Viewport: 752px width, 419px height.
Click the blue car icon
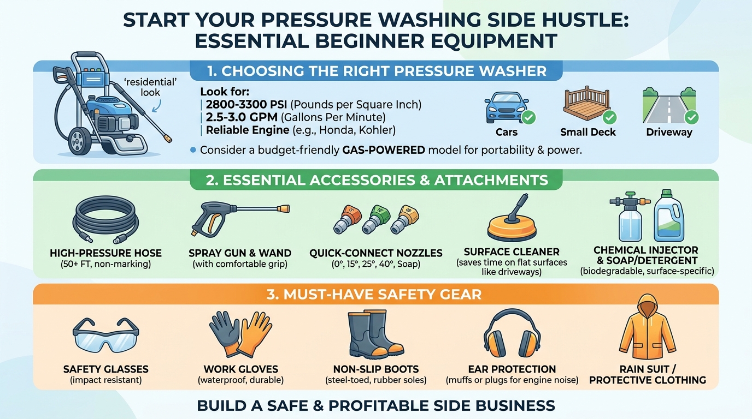[x=505, y=107]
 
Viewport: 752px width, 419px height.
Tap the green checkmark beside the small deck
[x=609, y=117]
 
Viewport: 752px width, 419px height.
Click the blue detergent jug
[x=669, y=217]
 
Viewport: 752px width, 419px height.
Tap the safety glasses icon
[x=105, y=334]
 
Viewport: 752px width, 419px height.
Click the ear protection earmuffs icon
[x=512, y=333]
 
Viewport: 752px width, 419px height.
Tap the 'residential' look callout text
[x=149, y=87]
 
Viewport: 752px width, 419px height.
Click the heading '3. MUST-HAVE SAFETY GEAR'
[x=375, y=295]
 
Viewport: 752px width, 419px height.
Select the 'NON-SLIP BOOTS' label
[x=375, y=369]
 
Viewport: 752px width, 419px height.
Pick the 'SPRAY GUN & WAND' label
[x=240, y=253]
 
